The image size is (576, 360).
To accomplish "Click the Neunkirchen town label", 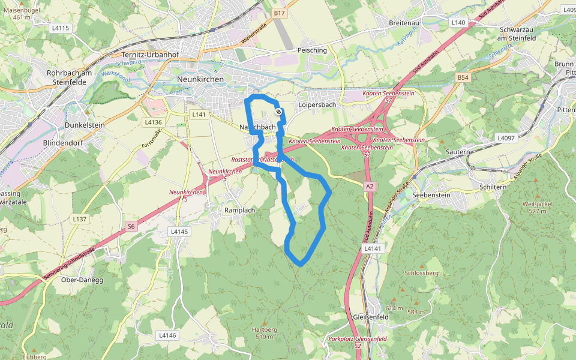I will (200, 79).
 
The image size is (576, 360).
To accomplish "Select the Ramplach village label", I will (239, 211).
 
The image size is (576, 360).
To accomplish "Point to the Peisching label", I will (312, 50).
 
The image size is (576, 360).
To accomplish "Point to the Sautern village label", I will (458, 152).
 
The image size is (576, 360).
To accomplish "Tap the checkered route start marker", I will (278, 112).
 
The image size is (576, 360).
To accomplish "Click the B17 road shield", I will (279, 13).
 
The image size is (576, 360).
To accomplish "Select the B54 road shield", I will (462, 78).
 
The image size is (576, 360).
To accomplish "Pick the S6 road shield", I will (131, 226).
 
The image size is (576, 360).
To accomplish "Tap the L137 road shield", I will (80, 219).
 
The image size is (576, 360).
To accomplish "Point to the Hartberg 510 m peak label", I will (264, 333).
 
